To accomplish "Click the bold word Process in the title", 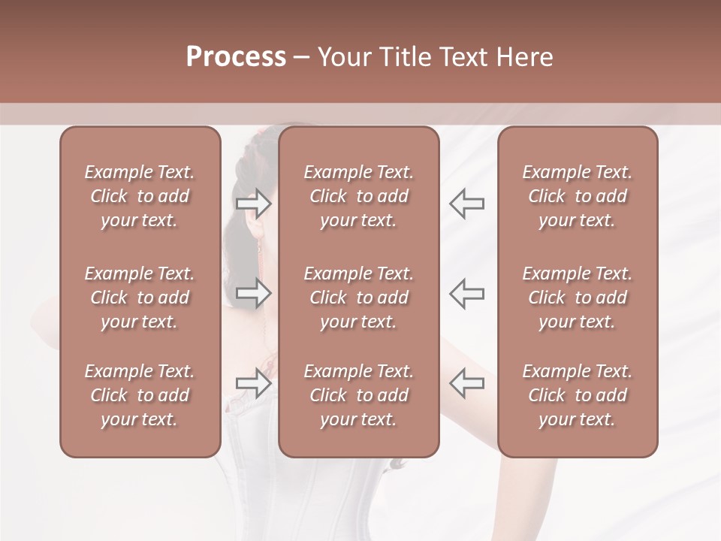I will [236, 57].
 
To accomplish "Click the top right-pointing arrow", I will [253, 203].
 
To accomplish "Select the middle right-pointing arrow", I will [253, 293].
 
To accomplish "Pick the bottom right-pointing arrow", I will [253, 383].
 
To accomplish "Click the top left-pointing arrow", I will [466, 203].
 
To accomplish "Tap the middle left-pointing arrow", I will [466, 293].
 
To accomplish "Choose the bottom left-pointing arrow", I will [466, 383].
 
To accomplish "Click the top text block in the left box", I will [140, 196].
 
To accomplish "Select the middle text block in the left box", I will [140, 298].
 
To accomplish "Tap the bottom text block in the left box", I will [140, 395].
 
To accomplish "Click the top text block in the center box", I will [359, 196].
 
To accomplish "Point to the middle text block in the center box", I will [359, 298].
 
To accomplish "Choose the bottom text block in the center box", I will [359, 395].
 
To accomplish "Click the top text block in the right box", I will [578, 196].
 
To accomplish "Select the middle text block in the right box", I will [578, 298].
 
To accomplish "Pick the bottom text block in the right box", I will [578, 395].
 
